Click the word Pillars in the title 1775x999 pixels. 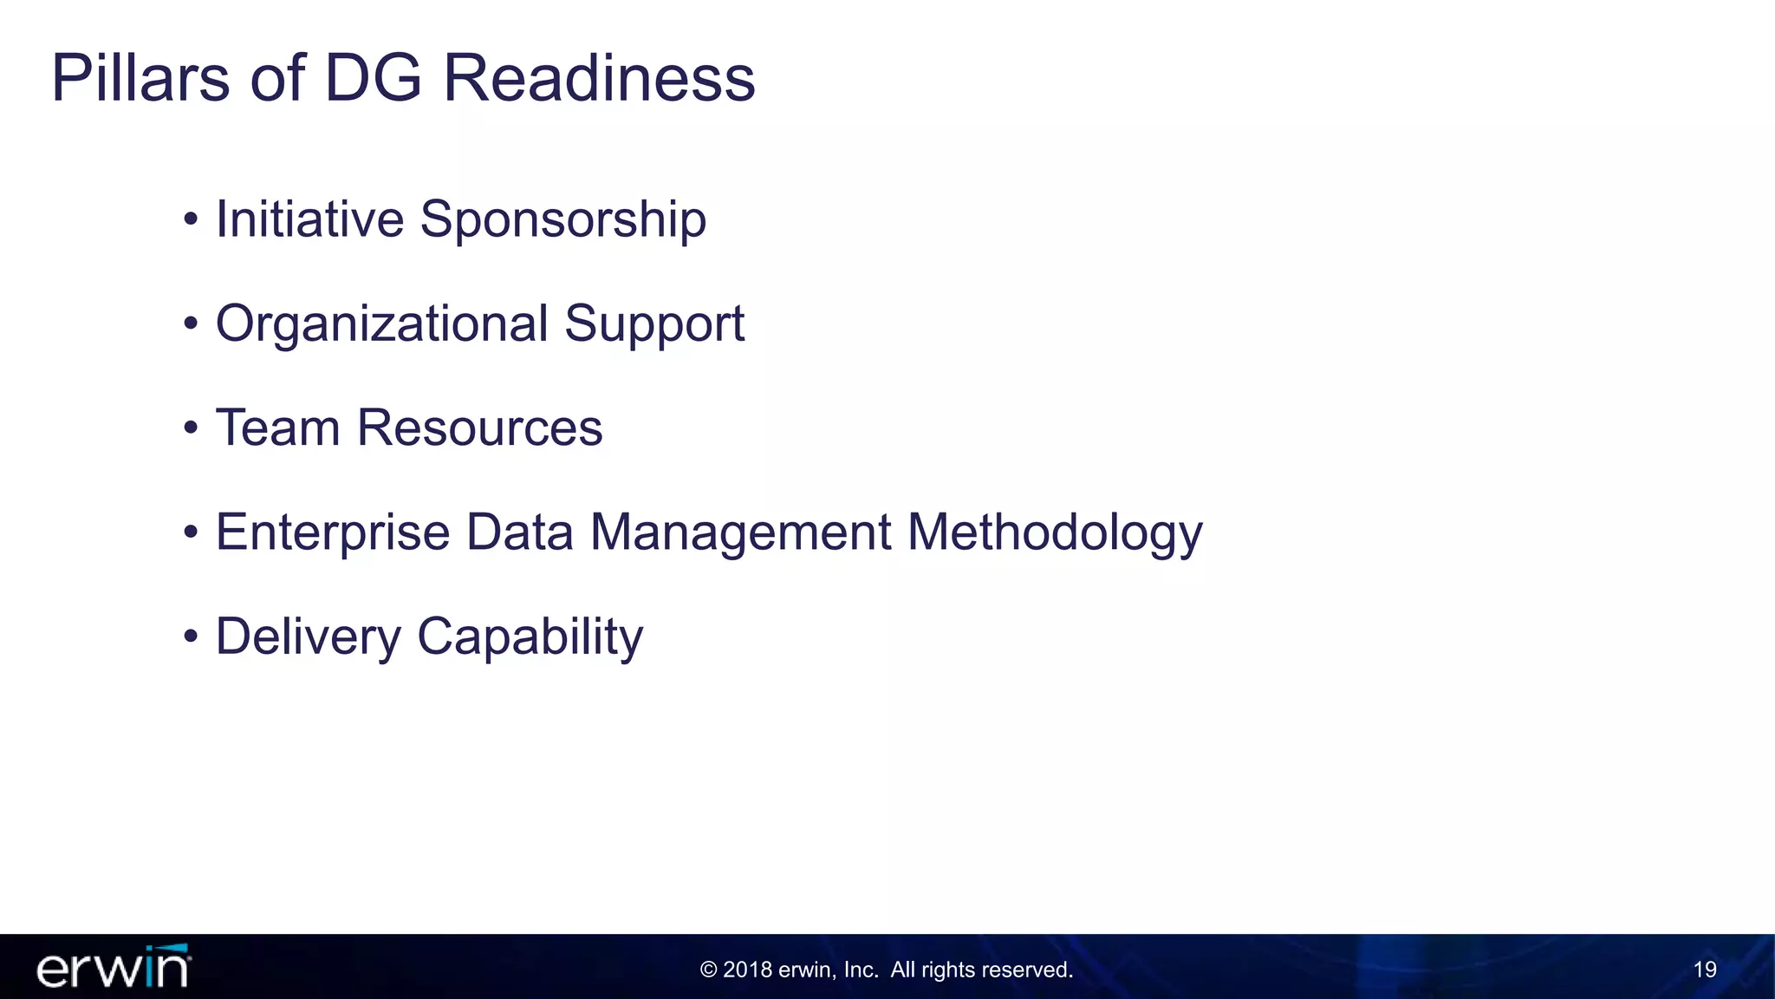[140, 77]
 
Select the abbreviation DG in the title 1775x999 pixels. [373, 77]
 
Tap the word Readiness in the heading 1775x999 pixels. [599, 77]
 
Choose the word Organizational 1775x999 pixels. [382, 324]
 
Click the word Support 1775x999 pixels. [654, 325]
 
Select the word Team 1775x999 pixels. [278, 428]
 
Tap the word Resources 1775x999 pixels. [479, 428]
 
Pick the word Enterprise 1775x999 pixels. [333, 533]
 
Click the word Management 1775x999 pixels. [741, 533]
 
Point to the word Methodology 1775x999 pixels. [1055, 533]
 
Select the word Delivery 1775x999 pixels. [309, 637]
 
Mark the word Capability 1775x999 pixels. [530, 637]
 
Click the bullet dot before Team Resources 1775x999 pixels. [191, 428]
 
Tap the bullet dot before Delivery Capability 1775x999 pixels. [191, 637]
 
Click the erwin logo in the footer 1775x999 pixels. [114, 966]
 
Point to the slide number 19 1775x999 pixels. [1705, 970]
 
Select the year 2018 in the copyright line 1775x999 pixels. [747, 970]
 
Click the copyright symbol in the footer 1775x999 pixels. [708, 970]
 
